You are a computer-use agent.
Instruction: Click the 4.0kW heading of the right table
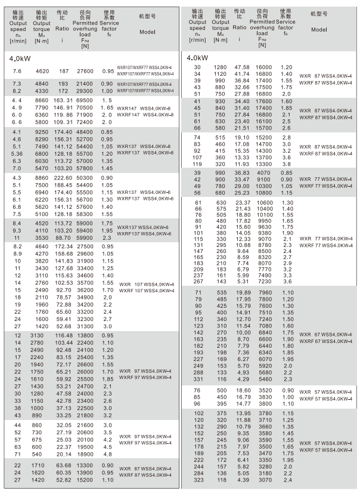(x=199, y=58)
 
